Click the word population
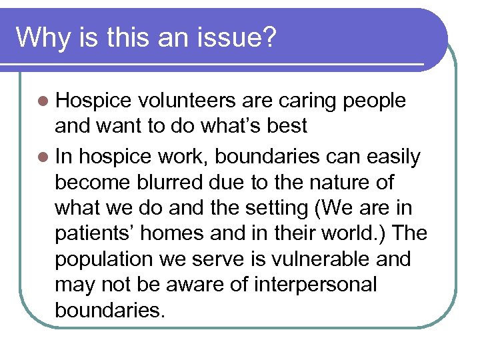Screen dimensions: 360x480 tap(103, 259)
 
